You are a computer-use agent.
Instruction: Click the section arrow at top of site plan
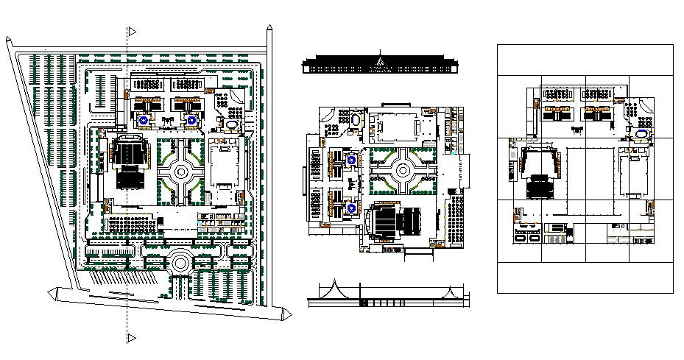point(131,32)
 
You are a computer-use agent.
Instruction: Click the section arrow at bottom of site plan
point(131,338)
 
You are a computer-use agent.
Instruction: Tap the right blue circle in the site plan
point(191,119)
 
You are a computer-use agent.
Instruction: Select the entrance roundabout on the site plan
point(180,262)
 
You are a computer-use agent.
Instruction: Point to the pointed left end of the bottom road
point(52,294)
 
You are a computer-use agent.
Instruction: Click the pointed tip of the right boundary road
point(271,29)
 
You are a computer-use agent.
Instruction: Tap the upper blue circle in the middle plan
point(352,159)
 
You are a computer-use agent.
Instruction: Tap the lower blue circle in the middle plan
point(352,209)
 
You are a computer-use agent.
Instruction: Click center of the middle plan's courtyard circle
point(403,170)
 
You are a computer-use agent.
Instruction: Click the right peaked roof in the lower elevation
point(447,289)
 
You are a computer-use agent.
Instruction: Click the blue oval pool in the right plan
point(644,135)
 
